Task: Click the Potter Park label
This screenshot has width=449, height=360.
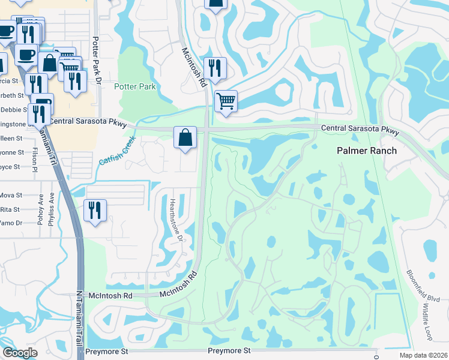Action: coord(135,87)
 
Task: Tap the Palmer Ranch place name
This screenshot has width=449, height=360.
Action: coord(366,150)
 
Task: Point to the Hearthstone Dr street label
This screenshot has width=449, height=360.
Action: coord(175,220)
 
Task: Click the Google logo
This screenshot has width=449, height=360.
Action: coord(20,352)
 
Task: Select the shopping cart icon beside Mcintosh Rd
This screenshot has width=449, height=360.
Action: coord(226,101)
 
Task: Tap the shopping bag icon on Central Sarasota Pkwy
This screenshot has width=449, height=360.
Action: coord(185,137)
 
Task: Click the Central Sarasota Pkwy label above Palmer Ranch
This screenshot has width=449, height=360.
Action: coord(360,129)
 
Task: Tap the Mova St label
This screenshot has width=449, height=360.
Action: coord(11,196)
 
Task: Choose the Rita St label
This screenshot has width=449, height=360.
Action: coord(11,209)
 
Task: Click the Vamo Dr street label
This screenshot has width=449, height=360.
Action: coord(11,223)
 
